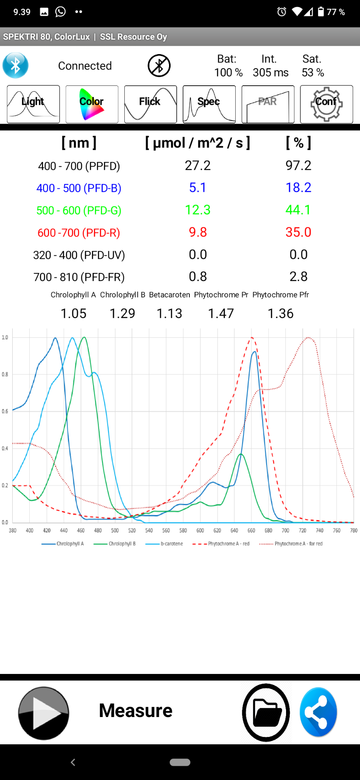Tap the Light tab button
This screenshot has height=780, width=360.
[33, 104]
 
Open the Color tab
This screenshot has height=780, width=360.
[92, 104]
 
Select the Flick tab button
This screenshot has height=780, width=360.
[150, 104]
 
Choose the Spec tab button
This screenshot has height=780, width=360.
[209, 104]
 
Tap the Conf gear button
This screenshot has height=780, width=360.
[326, 104]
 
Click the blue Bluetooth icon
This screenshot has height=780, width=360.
[15, 65]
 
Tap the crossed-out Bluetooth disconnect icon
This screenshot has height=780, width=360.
[159, 65]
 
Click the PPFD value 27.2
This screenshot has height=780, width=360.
[198, 166]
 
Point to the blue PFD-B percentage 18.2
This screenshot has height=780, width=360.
[298, 188]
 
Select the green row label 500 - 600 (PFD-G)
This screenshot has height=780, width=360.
[79, 210]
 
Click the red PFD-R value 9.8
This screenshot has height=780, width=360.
[198, 232]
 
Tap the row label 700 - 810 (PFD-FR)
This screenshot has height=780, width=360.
[79, 277]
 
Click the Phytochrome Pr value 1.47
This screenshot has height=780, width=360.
[221, 314]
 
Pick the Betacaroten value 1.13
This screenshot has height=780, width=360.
[169, 314]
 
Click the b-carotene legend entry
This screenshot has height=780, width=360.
[165, 544]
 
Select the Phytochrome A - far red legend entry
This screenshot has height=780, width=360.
[291, 544]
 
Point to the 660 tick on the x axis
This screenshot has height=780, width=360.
[252, 531]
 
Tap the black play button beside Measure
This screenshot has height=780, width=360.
[43, 713]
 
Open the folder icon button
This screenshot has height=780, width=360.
[266, 713]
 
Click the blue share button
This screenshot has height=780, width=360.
[318, 713]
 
